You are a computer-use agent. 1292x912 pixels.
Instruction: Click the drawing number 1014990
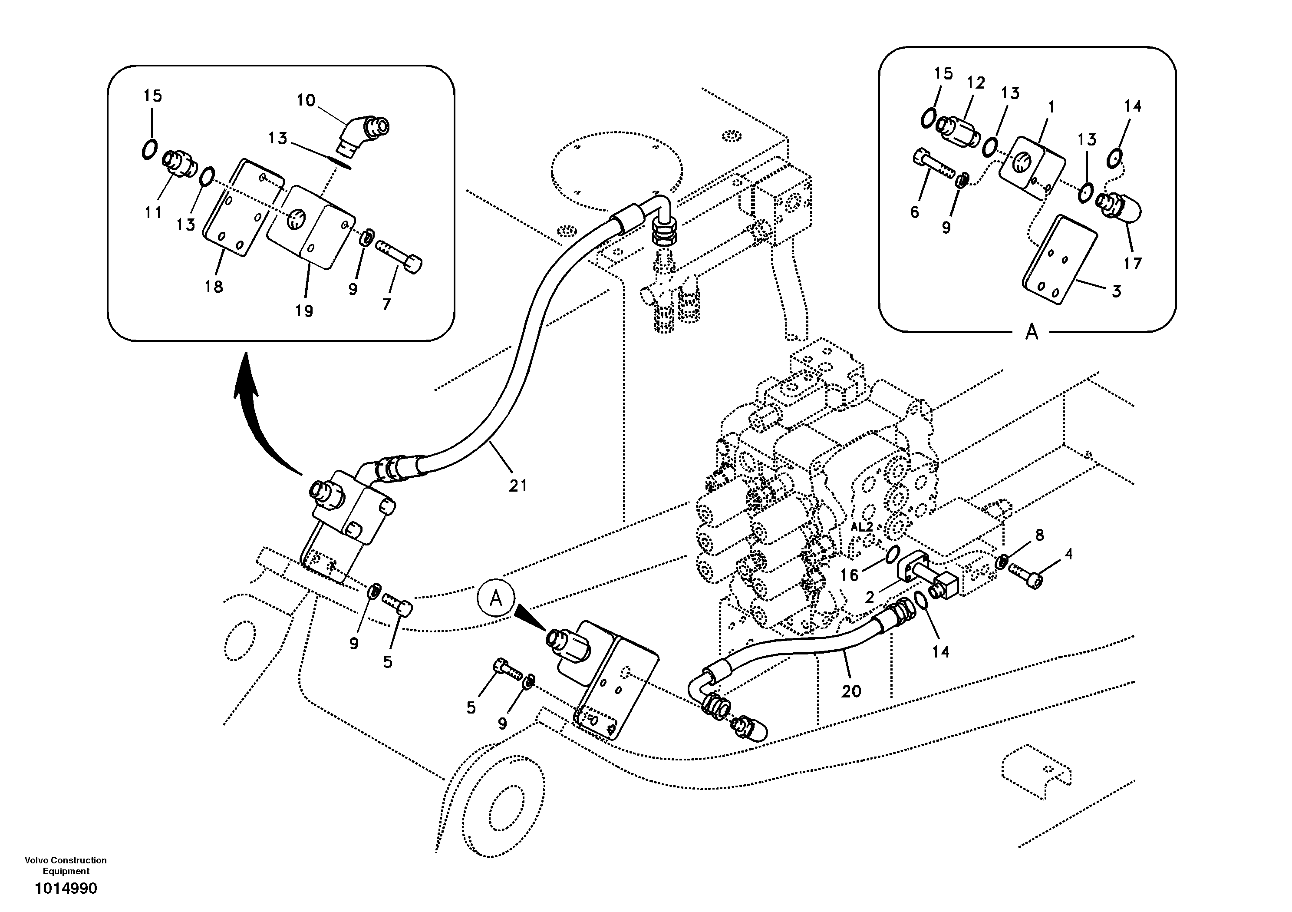point(66,889)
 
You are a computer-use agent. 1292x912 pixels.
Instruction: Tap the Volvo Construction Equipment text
point(66,865)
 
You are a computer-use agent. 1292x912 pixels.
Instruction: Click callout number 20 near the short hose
point(851,691)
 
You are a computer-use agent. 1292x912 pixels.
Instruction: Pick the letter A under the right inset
point(1032,333)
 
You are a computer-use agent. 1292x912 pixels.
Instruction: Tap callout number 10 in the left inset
point(306,101)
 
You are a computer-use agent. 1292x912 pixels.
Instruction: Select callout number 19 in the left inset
point(304,310)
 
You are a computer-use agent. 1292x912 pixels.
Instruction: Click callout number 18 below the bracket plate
point(214,287)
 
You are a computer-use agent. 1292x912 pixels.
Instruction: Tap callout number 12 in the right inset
point(976,83)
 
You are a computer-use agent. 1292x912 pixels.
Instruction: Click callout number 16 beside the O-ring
point(850,575)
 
